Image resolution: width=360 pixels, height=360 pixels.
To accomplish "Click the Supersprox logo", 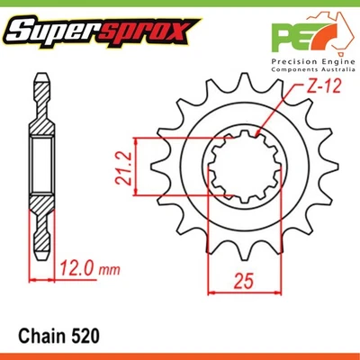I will [98, 33].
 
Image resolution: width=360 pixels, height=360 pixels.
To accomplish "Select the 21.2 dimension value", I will [121, 167].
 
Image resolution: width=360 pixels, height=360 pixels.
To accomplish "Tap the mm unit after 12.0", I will [110, 267].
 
